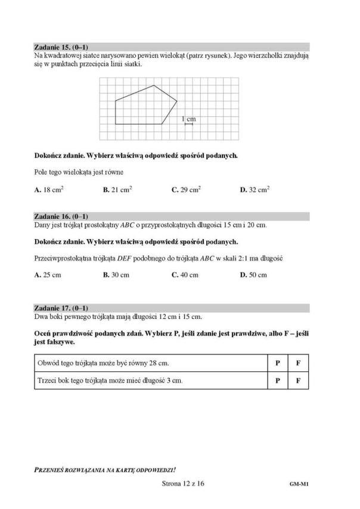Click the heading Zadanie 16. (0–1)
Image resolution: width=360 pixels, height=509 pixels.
[x=63, y=216]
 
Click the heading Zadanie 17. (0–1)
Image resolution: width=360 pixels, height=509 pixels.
[x=63, y=308]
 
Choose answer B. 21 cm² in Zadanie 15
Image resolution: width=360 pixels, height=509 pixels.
[x=117, y=190]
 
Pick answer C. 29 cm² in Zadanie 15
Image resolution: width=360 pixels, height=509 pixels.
[x=186, y=190]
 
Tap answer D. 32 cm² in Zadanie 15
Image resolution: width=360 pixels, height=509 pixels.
[x=255, y=190]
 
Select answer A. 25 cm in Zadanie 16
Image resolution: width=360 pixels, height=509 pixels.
[x=48, y=275]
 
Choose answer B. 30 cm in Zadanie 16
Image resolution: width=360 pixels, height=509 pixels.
[x=116, y=275]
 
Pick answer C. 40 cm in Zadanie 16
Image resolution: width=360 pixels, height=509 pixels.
[x=185, y=275]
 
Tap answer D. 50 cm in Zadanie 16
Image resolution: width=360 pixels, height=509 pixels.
[x=253, y=275]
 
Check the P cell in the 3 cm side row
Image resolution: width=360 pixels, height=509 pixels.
[x=278, y=380]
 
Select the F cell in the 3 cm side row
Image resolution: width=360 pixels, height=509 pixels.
[x=298, y=380]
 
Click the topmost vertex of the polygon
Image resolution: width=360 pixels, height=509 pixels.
[x=154, y=86]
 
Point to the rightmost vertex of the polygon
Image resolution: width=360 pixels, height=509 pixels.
[x=177, y=101]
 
